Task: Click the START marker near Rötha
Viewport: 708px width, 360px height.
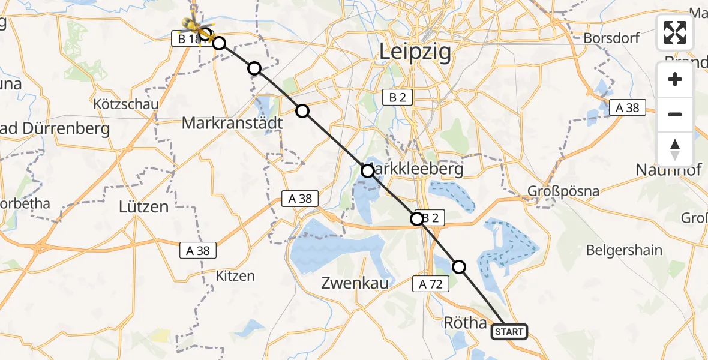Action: pos(509,331)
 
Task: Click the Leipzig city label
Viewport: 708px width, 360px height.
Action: pos(415,53)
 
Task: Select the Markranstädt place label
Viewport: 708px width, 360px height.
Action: pos(232,124)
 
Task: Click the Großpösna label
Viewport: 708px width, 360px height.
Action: pos(563,191)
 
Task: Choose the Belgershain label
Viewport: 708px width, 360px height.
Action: pos(624,250)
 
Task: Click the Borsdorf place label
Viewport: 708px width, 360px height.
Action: pos(611,38)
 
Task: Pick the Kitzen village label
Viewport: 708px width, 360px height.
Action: pos(235,276)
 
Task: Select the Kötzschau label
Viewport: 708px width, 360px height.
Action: pos(127,104)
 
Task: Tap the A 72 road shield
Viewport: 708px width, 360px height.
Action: pos(431,284)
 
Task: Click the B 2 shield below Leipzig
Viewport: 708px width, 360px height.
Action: pos(397,97)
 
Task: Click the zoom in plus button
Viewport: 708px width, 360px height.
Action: pos(675,80)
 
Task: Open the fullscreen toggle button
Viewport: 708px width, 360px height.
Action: pos(675,32)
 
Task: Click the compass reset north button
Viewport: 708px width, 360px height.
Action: pos(675,149)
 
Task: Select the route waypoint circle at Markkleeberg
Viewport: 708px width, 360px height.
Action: pos(367,171)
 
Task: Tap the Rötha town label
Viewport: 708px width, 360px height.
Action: pos(465,323)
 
